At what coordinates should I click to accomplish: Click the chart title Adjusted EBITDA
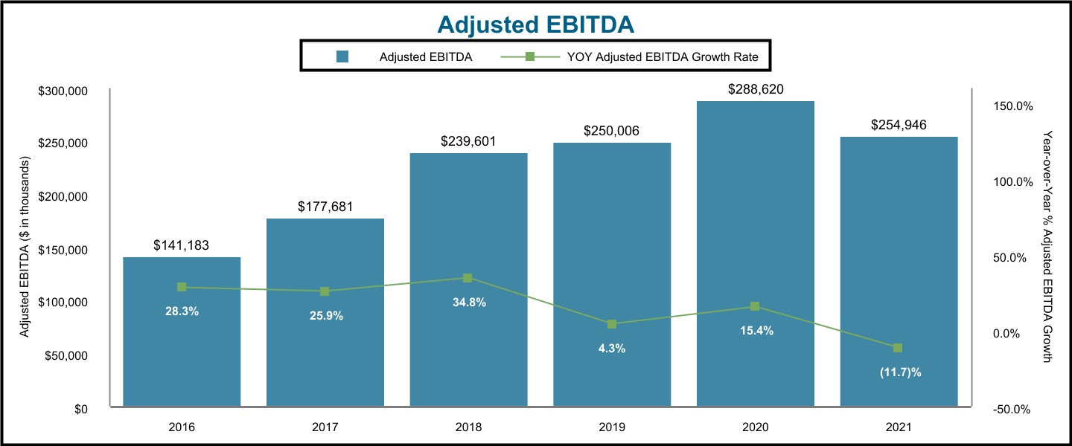[535, 24]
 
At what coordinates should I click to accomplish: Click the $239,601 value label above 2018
[468, 141]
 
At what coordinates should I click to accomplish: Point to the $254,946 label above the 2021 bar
[899, 125]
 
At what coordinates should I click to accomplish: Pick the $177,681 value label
[325, 207]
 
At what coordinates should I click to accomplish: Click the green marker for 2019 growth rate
[612, 324]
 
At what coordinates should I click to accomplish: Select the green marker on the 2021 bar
[898, 348]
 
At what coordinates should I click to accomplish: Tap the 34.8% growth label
[468, 303]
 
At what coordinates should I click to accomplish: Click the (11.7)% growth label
[899, 372]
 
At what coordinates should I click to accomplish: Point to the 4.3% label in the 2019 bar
[612, 349]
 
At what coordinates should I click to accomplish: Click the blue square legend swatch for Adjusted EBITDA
[343, 56]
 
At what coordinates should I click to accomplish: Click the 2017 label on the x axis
[325, 427]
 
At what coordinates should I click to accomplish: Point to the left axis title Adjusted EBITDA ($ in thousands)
[24, 248]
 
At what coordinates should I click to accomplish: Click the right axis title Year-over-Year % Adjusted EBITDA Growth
[1047, 248]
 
